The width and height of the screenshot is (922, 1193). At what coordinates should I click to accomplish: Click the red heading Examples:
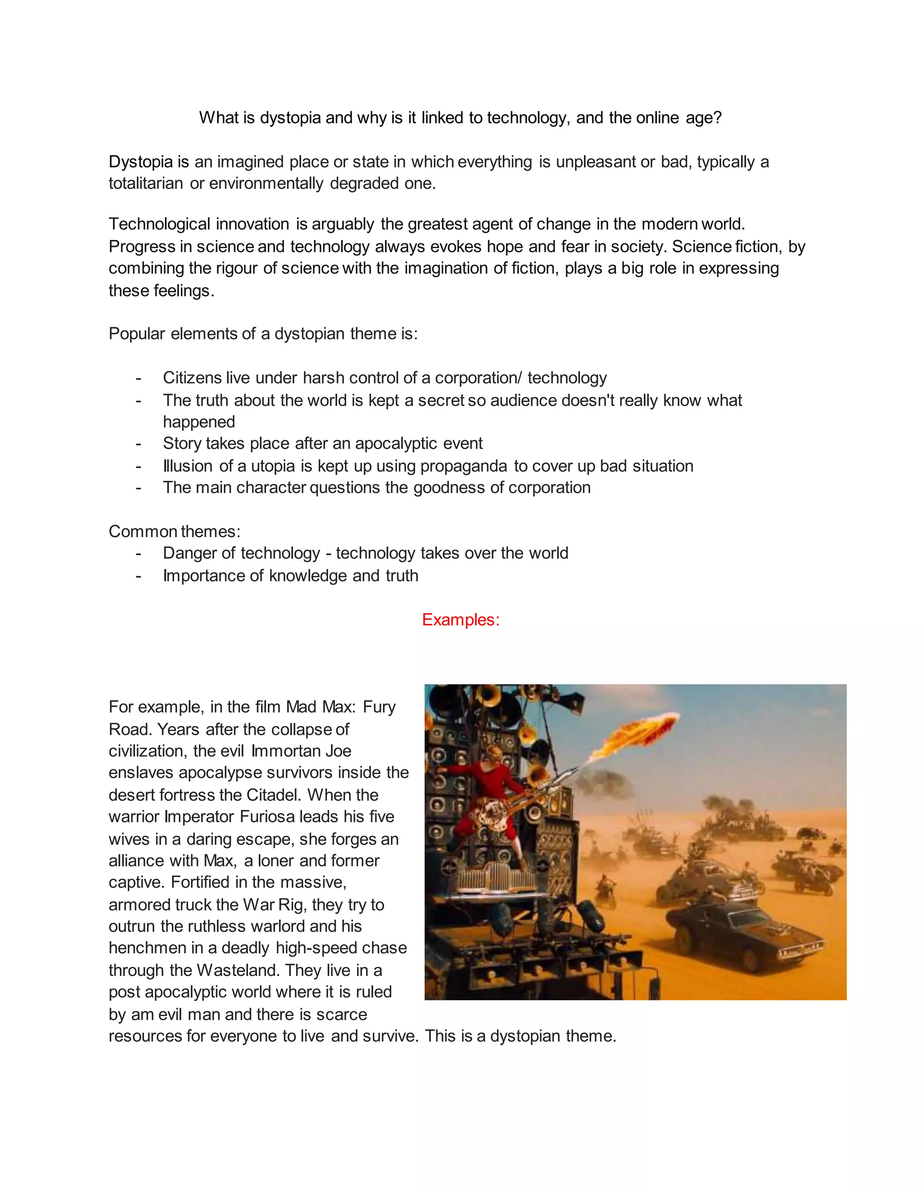pyautogui.click(x=461, y=620)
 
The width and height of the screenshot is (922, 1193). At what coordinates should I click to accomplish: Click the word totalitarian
pyautogui.click(x=145, y=184)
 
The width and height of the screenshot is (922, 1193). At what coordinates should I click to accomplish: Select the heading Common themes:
pyautogui.click(x=174, y=532)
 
